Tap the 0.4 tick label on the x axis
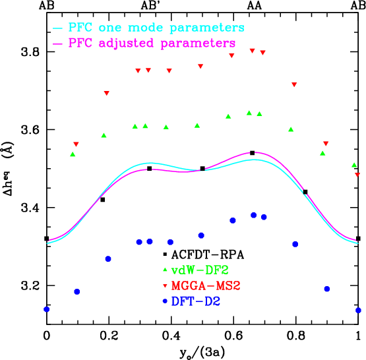pos(171,335)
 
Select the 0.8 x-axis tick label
pos(296,335)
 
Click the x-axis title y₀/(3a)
pos(201,351)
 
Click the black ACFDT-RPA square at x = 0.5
pos(202,169)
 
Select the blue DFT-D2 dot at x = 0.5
pos(201,235)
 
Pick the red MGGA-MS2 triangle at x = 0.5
pos(200,67)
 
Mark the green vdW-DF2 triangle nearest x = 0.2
pos(104,135)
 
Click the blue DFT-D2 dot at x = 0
pos(46,309)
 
